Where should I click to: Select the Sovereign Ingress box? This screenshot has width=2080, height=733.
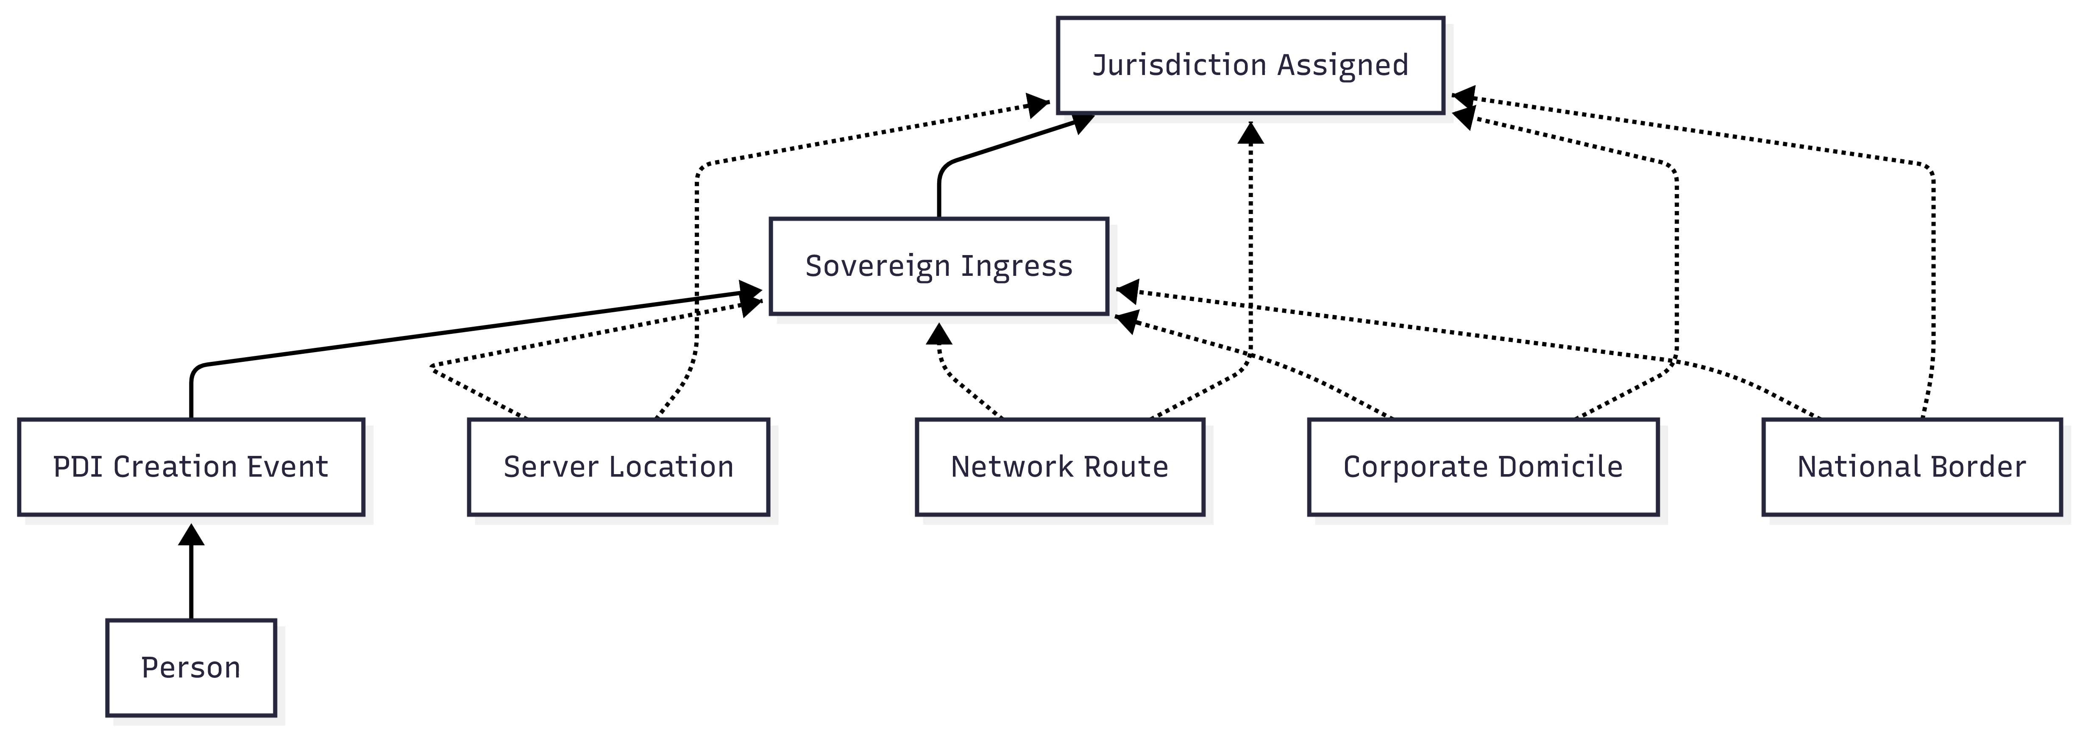click(938, 266)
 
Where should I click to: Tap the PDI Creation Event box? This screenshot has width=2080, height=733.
click(191, 466)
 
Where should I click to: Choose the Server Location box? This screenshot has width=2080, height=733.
click(618, 466)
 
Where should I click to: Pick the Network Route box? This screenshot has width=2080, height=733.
click(1059, 466)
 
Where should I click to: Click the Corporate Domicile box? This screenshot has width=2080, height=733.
click(1482, 466)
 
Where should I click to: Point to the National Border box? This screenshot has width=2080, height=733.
click(1911, 466)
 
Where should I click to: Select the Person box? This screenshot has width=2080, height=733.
click(191, 668)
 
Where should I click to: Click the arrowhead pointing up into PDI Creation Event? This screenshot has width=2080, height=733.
click(191, 534)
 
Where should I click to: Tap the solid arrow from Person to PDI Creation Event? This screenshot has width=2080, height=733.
click(191, 581)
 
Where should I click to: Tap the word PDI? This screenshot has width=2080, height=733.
click(78, 466)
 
